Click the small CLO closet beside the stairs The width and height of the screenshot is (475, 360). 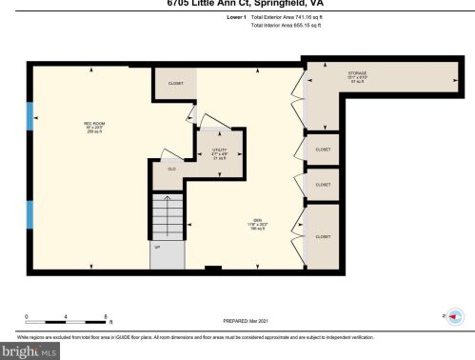coord(172,170)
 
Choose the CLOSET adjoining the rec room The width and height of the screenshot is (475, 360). coord(175,84)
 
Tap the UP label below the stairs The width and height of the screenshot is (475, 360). coord(156,246)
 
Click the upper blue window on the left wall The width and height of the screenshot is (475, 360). coord(30,115)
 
